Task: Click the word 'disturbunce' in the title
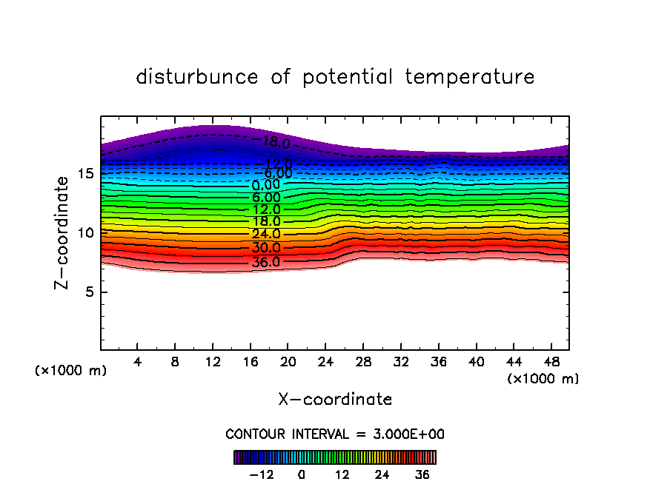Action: click(x=197, y=77)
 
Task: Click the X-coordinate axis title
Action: click(x=335, y=400)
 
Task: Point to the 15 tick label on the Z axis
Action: click(x=85, y=174)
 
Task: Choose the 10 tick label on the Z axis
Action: click(x=85, y=233)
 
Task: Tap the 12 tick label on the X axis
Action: click(x=213, y=363)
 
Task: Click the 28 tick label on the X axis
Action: click(x=363, y=363)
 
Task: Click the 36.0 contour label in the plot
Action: click(x=266, y=262)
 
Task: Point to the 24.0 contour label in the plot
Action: click(x=266, y=234)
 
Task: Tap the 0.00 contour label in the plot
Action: click(x=266, y=185)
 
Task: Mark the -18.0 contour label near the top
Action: click(x=272, y=141)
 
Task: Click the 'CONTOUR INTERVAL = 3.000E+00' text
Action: click(x=335, y=434)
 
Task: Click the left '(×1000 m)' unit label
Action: click(x=71, y=371)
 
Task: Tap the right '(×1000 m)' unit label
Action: click(x=543, y=379)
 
